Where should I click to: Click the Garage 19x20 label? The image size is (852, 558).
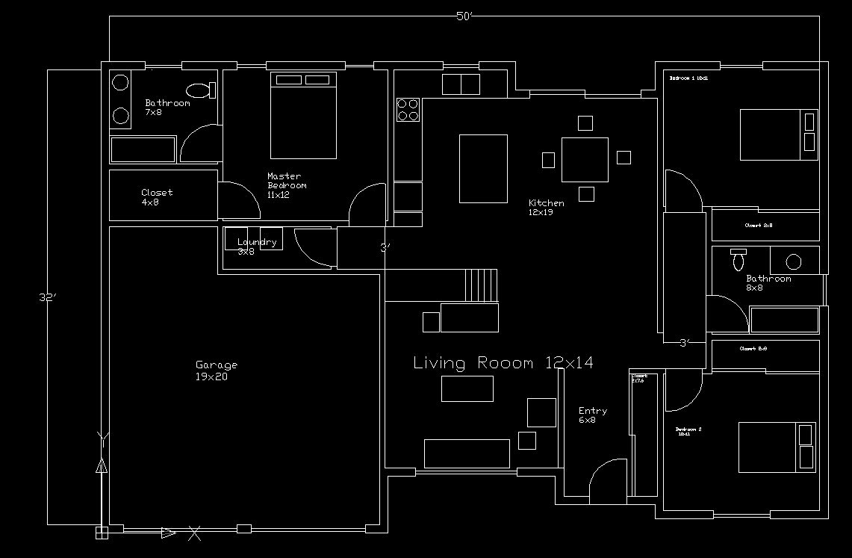[x=217, y=371]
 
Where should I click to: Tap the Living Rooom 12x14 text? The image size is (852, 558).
[x=503, y=363]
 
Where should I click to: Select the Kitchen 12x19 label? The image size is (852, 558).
[x=547, y=208]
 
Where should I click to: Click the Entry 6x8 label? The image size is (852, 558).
[x=592, y=415]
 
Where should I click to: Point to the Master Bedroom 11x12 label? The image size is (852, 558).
[x=287, y=185]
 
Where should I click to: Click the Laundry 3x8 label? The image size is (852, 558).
[x=256, y=246]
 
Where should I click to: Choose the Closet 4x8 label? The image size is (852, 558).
[x=156, y=196]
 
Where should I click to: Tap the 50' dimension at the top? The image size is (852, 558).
[x=465, y=16]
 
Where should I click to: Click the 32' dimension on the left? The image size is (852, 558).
[x=48, y=297]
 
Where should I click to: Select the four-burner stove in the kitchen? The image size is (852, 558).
[x=408, y=110]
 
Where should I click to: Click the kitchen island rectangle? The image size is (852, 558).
[x=483, y=168]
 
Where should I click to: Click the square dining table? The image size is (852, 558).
[x=585, y=159]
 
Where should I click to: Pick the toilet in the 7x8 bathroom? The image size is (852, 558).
[x=200, y=90]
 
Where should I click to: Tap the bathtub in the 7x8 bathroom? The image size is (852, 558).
[x=143, y=149]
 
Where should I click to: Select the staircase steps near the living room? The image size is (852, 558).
[x=482, y=285]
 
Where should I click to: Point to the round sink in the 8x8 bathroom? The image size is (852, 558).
[x=794, y=261]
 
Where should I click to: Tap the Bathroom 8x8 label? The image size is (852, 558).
[x=768, y=282]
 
